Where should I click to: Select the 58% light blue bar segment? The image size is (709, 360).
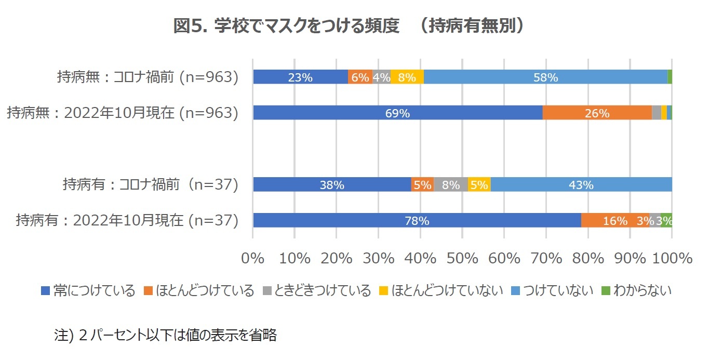point(545,77)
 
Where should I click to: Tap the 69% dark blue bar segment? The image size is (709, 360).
point(397,113)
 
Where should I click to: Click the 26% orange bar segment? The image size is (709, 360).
point(597,113)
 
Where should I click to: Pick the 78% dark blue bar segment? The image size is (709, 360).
point(417,220)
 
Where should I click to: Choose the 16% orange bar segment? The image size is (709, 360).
point(615,220)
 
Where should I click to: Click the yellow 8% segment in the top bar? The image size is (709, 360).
point(407,77)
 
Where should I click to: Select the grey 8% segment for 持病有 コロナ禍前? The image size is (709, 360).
point(450,184)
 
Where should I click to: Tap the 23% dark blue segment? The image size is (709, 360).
point(300,77)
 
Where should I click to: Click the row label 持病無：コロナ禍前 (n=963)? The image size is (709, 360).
point(148,77)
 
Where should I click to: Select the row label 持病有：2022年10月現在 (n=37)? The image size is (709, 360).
point(127,221)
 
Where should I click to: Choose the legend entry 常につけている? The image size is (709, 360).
point(88,290)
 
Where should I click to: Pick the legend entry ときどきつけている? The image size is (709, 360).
point(317,290)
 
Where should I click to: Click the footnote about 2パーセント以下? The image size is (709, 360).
point(166,335)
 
